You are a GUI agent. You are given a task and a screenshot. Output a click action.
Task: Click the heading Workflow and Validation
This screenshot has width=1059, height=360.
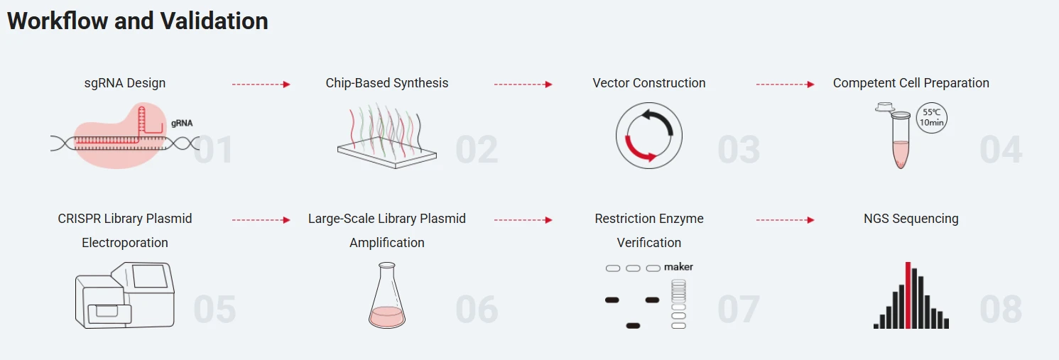click(137, 21)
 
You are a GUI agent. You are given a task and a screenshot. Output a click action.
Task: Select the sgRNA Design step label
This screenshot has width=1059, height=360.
click(125, 83)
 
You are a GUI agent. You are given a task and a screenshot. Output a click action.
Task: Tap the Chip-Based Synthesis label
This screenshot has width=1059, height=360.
click(387, 83)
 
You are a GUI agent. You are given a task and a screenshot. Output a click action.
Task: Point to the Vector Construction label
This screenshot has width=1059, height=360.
click(649, 83)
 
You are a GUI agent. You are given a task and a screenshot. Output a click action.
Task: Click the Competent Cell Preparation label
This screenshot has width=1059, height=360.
click(911, 83)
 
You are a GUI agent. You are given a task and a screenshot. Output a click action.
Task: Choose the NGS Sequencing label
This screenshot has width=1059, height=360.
click(911, 219)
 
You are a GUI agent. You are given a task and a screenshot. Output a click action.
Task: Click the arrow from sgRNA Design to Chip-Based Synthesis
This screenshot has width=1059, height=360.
click(261, 84)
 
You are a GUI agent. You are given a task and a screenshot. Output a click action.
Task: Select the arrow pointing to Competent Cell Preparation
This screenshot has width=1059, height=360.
click(785, 84)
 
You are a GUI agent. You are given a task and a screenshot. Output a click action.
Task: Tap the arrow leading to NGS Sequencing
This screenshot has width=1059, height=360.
click(785, 220)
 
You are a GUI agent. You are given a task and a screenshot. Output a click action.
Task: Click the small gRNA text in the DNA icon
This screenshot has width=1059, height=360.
click(182, 123)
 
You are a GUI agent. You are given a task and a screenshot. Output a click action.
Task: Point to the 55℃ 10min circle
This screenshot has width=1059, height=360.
click(931, 117)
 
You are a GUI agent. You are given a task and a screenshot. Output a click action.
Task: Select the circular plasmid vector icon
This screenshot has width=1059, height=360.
click(648, 135)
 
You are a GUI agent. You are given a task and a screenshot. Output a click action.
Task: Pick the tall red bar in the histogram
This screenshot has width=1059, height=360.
click(908, 295)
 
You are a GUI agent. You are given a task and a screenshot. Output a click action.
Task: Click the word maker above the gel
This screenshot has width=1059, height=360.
click(678, 267)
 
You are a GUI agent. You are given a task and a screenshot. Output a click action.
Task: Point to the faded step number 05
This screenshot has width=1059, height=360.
click(214, 310)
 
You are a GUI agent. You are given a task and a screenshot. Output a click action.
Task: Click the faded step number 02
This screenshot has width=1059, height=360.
click(477, 151)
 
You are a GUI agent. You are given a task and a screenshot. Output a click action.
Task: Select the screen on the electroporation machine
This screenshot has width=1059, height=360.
click(150, 276)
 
